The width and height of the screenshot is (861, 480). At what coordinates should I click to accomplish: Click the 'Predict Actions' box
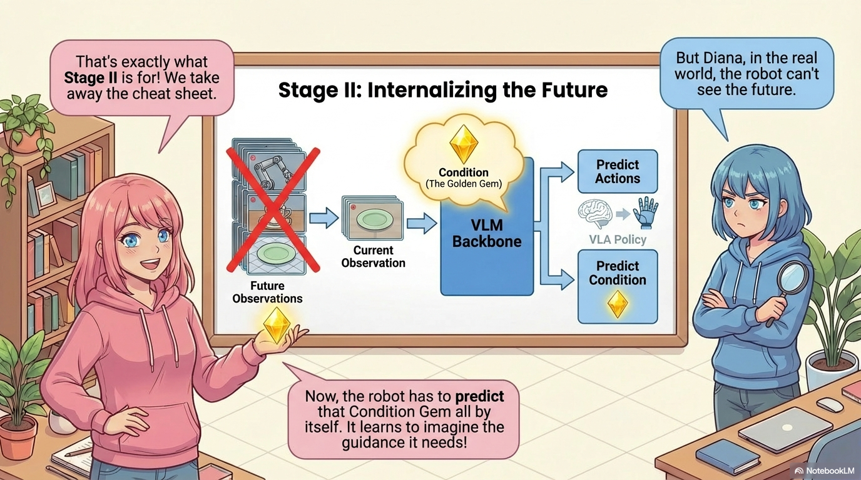point(617,171)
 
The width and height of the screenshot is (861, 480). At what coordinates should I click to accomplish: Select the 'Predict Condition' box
point(617,286)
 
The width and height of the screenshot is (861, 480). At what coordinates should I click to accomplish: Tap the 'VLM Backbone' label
point(487,233)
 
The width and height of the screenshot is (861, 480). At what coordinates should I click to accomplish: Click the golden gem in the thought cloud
point(464,143)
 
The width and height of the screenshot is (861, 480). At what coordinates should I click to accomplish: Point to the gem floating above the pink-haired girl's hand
point(276,324)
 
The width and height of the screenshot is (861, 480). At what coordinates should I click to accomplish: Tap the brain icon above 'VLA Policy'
point(595,214)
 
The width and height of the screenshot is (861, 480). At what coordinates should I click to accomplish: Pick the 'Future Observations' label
point(267,292)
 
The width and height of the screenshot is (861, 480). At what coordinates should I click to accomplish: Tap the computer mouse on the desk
point(830,404)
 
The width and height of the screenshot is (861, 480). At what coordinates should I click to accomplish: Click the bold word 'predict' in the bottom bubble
point(479,396)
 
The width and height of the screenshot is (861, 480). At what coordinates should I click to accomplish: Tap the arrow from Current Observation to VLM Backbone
point(421,222)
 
